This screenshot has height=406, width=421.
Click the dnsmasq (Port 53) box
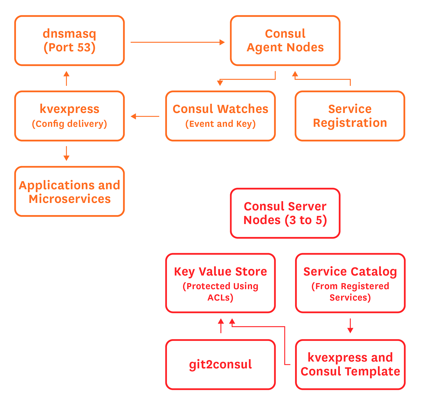(69, 41)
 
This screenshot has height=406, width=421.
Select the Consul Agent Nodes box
(285, 41)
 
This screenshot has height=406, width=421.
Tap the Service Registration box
(350, 116)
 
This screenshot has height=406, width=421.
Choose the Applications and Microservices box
(69, 192)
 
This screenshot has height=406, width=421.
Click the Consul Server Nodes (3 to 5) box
(285, 213)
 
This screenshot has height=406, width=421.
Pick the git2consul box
(220, 365)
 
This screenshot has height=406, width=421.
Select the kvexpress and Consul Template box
(350, 365)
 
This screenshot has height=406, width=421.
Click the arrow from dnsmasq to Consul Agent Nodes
(177, 42)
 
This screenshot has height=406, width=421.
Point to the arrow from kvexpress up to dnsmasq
(67, 78)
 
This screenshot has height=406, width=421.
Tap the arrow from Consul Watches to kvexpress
(145, 116)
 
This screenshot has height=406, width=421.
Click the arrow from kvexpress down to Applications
(67, 153)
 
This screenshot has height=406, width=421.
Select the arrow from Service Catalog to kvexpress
(350, 326)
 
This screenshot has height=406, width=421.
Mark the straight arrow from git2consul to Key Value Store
(221, 326)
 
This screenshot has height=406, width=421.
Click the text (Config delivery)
(69, 124)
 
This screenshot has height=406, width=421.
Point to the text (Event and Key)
(220, 124)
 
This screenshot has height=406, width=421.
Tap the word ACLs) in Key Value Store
(220, 297)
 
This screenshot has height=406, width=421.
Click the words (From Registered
(350, 286)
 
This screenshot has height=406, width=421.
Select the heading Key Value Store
(220, 272)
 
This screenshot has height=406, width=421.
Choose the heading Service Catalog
(350, 272)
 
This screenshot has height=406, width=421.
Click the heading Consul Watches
(220, 109)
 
